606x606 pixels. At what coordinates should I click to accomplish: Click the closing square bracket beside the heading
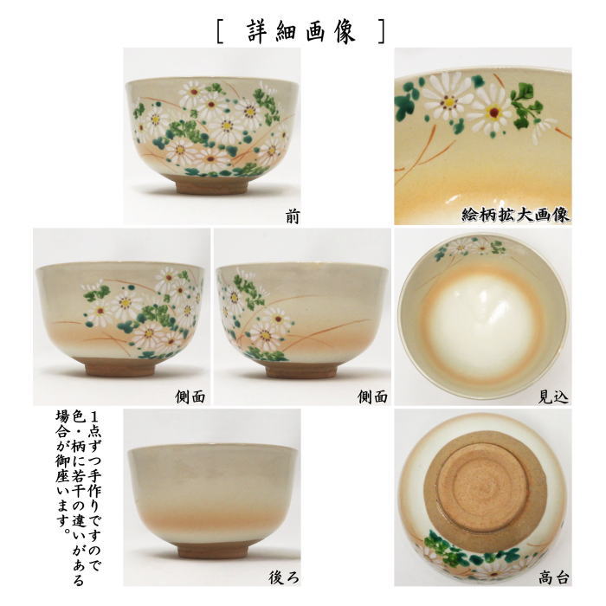[380, 29]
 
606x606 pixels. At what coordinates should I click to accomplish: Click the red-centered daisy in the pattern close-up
[493, 111]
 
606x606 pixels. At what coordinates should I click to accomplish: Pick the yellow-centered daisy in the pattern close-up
[449, 102]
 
